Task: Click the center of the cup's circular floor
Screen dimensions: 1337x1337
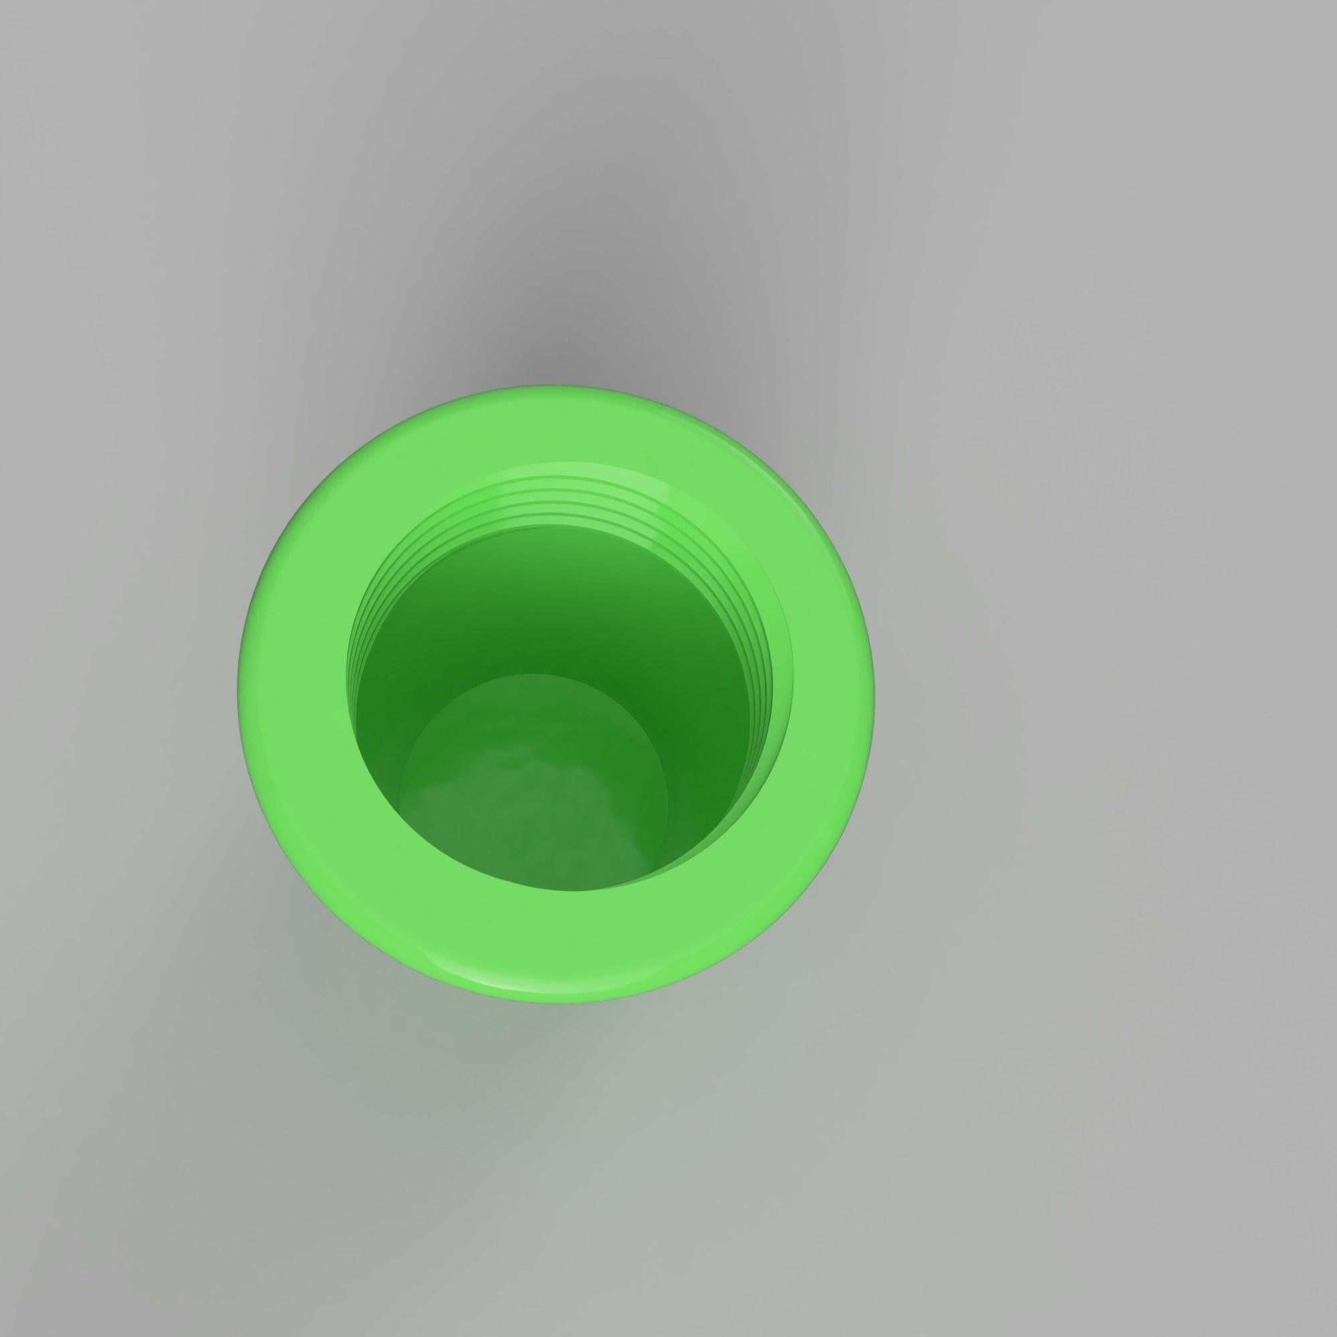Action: tap(534, 782)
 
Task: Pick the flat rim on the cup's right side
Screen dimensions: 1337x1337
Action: tap(830, 692)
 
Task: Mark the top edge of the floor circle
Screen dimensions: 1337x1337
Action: tap(533, 675)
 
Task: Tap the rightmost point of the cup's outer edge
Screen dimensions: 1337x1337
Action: tap(874, 692)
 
